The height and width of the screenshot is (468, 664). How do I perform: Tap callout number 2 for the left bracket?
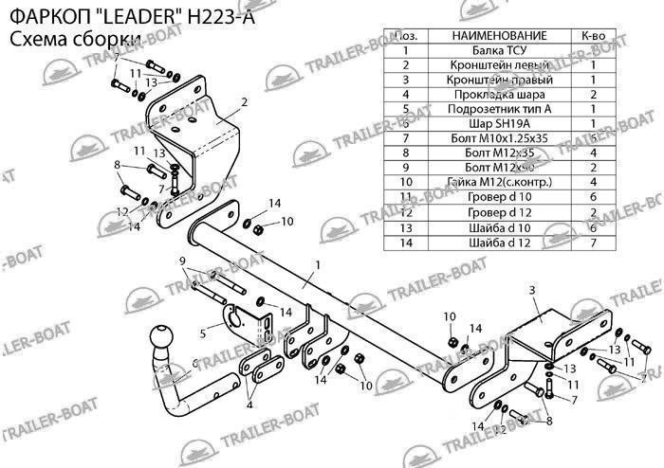coord(244,101)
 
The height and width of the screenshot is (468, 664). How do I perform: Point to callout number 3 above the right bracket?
coord(532,289)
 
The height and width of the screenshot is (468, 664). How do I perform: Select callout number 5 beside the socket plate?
coord(203,333)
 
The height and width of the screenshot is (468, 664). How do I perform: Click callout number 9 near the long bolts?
coord(182,261)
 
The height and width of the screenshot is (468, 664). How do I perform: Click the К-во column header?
coord(592,36)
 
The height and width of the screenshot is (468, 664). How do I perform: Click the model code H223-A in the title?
coord(213,14)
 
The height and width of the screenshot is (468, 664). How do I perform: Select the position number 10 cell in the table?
coord(405,180)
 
